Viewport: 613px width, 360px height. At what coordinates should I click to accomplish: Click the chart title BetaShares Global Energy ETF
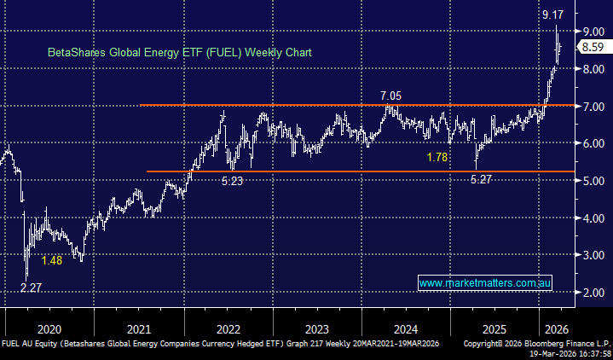pyautogui.click(x=179, y=52)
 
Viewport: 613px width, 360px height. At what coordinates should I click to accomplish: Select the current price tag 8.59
pyautogui.click(x=593, y=48)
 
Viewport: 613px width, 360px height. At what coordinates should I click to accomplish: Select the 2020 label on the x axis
pyautogui.click(x=49, y=328)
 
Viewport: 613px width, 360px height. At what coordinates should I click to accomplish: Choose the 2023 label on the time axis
pyautogui.click(x=316, y=328)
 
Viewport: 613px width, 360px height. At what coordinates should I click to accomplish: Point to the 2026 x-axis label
pyautogui.click(x=555, y=328)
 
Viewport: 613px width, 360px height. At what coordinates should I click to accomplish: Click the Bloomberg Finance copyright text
pyautogui.click(x=536, y=343)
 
